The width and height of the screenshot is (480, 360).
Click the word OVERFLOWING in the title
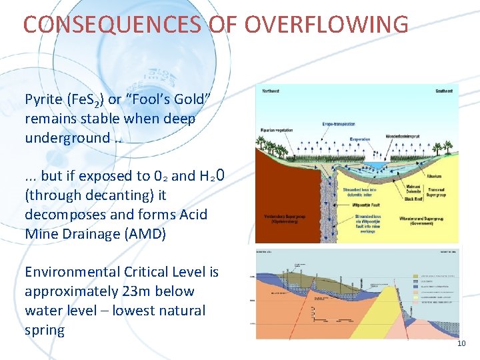(326, 25)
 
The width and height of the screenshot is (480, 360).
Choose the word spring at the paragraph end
(44, 330)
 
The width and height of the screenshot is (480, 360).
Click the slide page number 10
(462, 343)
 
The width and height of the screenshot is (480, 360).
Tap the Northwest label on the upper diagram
(271, 89)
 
